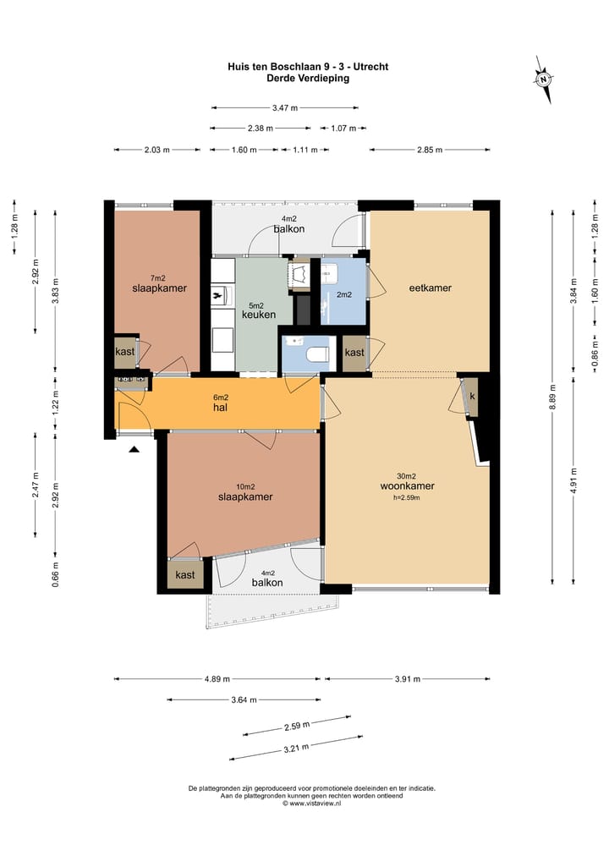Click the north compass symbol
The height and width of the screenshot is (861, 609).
tap(543, 79)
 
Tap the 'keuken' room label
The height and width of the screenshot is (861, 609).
tap(259, 315)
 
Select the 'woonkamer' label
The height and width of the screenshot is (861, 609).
tap(408, 486)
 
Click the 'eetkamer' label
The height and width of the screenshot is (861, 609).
tap(431, 288)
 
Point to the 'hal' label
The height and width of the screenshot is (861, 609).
tap(220, 408)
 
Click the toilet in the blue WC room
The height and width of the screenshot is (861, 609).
tap(316, 354)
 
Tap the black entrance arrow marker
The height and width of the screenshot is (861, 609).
tap(134, 450)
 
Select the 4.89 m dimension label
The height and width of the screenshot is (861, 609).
tap(217, 678)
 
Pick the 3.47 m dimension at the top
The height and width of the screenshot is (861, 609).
tap(284, 107)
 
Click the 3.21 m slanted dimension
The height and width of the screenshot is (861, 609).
tap(297, 748)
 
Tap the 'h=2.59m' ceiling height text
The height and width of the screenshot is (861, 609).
tap(406, 498)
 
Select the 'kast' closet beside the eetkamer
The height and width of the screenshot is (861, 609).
tap(354, 353)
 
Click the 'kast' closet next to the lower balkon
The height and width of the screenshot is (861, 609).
tap(184, 575)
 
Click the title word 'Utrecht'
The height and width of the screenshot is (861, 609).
tap(370, 67)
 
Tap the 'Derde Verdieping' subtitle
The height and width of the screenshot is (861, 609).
tap(308, 78)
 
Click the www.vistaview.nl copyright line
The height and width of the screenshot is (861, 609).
tap(312, 803)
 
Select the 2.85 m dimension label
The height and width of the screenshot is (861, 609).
tap(430, 150)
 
